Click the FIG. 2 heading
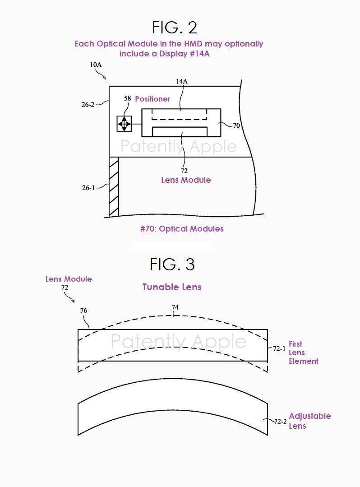(x=175, y=28)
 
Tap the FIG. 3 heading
(x=172, y=264)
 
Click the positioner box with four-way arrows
(x=124, y=124)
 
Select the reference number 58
(x=127, y=98)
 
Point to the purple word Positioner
(x=152, y=99)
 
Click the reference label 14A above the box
(x=181, y=81)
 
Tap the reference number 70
(x=236, y=125)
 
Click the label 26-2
(x=88, y=105)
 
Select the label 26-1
(x=88, y=188)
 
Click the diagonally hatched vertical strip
(x=114, y=187)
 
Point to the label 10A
(x=96, y=65)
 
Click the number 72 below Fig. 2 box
(x=184, y=171)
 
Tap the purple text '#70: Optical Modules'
(x=182, y=229)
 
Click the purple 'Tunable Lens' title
(x=172, y=287)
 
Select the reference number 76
(x=83, y=310)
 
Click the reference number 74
(x=175, y=307)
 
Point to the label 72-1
(x=279, y=348)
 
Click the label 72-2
(x=280, y=422)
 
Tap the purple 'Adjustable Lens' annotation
(x=310, y=421)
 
